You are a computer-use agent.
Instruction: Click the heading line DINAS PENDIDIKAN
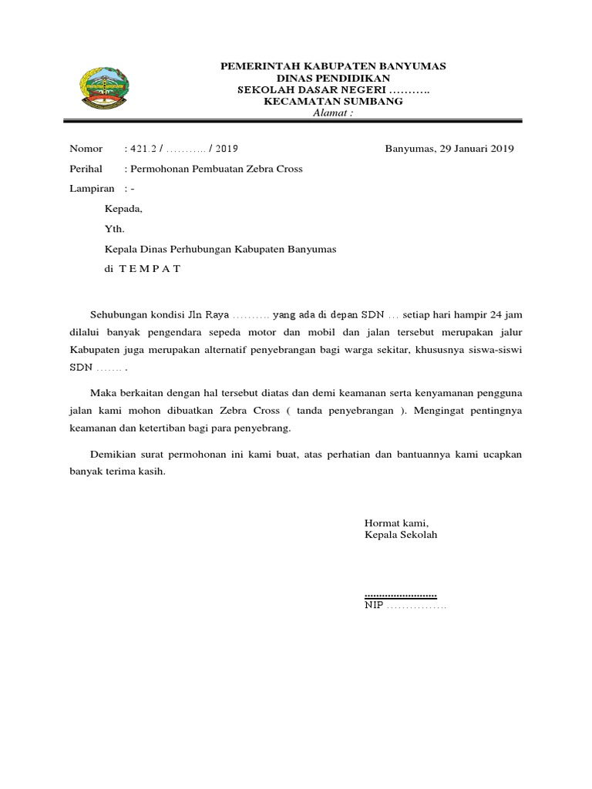333,79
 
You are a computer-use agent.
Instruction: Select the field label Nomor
86,149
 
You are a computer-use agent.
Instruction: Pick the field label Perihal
86,169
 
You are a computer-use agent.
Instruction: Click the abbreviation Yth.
114,228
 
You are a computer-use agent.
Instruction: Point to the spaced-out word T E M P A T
150,269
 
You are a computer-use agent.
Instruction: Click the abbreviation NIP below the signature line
373,606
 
